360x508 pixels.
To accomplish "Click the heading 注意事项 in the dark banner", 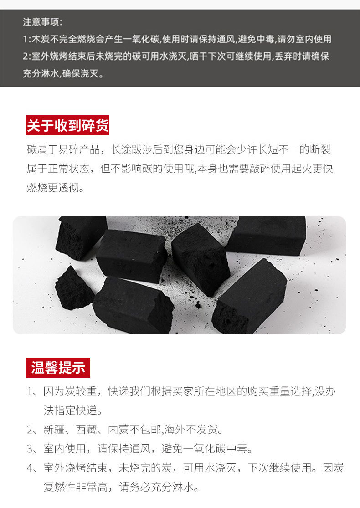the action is pos(41,22).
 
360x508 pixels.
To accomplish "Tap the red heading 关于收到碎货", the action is pos(68,125).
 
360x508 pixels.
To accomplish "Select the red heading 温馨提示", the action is pos(58,368).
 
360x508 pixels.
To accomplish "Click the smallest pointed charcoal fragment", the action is pos(73,288).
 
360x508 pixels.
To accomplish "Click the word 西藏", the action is pos(86,430).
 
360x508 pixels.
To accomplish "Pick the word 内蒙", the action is pos(118,430).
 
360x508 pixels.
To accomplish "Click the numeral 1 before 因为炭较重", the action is pos(30,392).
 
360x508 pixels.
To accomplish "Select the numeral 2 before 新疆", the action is pos(30,430).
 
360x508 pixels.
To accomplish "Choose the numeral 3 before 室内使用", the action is pos(30,449).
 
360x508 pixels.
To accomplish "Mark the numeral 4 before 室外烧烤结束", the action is pos(30,468).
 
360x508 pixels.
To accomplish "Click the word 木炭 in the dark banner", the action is pos(41,39).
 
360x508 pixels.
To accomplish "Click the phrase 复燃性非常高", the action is pos(76,487).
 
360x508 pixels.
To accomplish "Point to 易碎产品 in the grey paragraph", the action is pos(79,150).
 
